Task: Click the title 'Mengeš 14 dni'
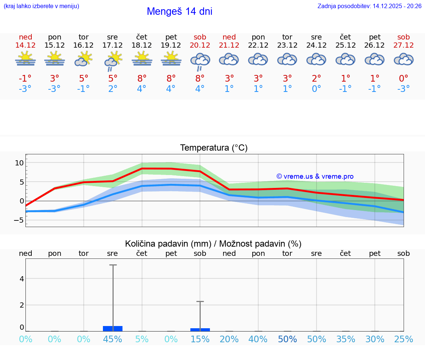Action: click(x=179, y=11)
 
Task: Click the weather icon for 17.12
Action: click(x=113, y=60)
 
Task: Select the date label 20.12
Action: click(x=200, y=45)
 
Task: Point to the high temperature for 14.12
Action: click(x=25, y=78)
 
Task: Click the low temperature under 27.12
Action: click(x=404, y=89)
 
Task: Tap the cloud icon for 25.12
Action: click(x=345, y=59)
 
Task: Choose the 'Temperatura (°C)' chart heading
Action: click(x=214, y=148)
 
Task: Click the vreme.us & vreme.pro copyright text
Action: click(x=315, y=176)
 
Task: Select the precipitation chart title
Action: click(x=213, y=244)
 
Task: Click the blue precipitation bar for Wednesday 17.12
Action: click(x=113, y=329)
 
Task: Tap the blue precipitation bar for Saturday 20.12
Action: click(x=200, y=329)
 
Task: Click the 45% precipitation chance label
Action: click(x=113, y=339)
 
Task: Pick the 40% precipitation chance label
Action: click(x=258, y=339)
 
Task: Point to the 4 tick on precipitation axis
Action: click(x=21, y=279)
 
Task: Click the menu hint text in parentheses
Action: click(x=41, y=6)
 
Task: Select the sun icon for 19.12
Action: click(x=171, y=59)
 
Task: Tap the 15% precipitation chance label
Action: click(x=200, y=339)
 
